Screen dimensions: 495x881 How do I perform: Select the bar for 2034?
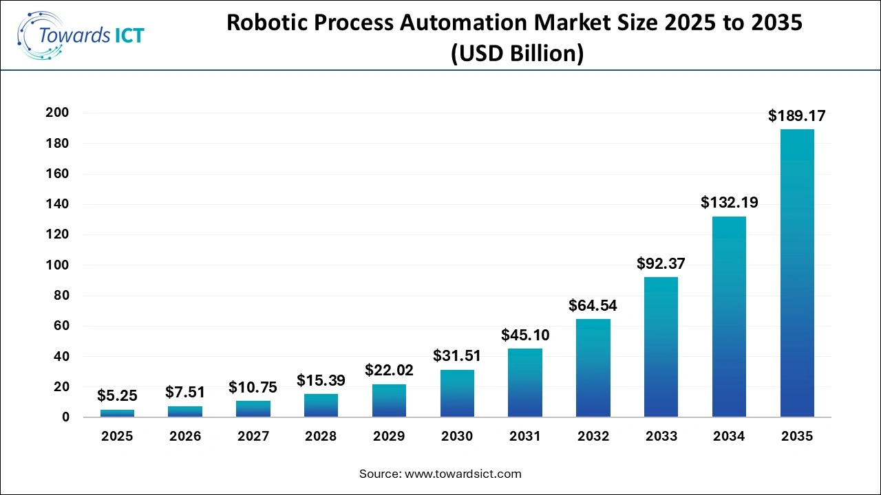pyautogui.click(x=729, y=317)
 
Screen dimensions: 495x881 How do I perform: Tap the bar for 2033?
pyautogui.click(x=661, y=346)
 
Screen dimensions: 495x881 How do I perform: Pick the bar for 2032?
pyautogui.click(x=593, y=368)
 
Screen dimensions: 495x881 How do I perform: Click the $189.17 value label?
pyautogui.click(x=796, y=115)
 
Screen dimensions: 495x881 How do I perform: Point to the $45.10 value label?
pyautogui.click(x=525, y=335)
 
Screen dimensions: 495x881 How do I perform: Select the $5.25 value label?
pyautogui.click(x=117, y=395)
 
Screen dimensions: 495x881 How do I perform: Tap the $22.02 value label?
pyautogui.click(x=390, y=370)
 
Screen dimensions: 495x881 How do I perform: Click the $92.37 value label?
pyautogui.click(x=661, y=263)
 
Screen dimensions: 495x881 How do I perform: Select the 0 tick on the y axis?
pyautogui.click(x=66, y=417)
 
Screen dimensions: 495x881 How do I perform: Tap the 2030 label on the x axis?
pyautogui.click(x=457, y=437)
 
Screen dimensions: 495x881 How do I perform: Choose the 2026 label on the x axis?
pyautogui.click(x=185, y=437)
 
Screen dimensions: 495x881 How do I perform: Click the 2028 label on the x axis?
pyautogui.click(x=321, y=437)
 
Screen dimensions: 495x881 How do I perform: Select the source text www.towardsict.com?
pyautogui.click(x=464, y=474)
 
